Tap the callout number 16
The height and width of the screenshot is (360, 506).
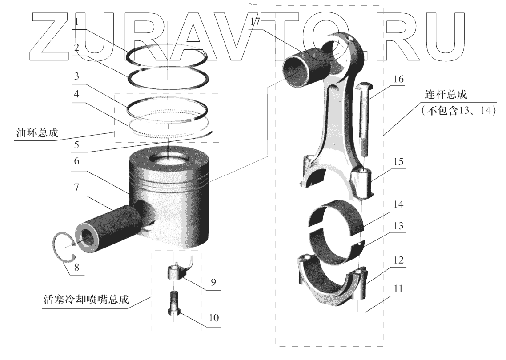pos(398,79)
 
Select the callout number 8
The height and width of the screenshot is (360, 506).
pos(78,268)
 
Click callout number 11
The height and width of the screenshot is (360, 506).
pos(398,288)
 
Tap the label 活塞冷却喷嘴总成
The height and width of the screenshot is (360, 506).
pos(84,300)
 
